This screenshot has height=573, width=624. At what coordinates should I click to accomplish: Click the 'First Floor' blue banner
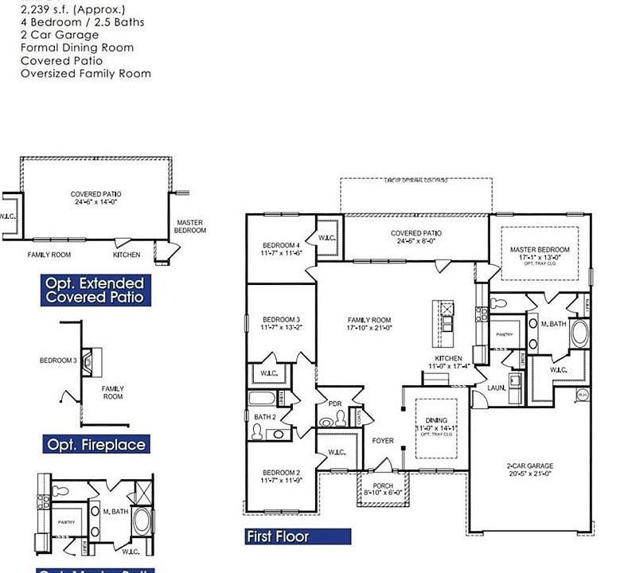click(298, 536)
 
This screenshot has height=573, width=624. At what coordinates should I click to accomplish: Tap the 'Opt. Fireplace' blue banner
click(96, 444)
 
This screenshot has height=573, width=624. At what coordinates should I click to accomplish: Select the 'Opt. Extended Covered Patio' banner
click(95, 290)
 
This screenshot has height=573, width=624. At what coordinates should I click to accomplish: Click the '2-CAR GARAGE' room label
click(529, 466)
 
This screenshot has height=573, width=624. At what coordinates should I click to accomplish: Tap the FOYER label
click(382, 440)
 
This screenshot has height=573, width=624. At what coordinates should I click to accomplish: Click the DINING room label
click(435, 420)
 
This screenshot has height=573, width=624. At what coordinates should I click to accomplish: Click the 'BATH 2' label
click(264, 416)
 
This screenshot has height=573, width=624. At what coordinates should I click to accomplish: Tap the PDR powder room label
click(334, 403)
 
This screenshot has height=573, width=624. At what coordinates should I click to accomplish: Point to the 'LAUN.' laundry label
click(497, 388)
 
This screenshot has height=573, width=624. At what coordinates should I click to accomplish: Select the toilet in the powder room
click(327, 422)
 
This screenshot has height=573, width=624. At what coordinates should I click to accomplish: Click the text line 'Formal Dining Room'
click(76, 48)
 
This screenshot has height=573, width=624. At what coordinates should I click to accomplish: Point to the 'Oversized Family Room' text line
click(85, 73)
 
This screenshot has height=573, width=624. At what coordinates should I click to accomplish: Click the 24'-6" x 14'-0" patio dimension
click(96, 202)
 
